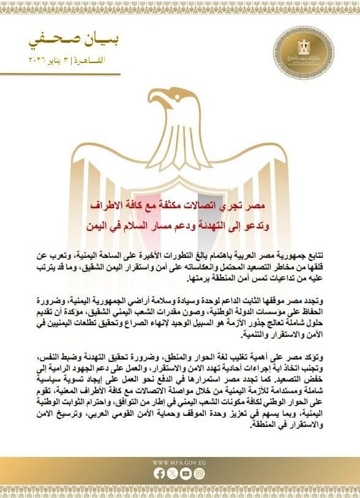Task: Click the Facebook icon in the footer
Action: click(160, 473)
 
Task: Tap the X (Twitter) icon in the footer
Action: click(173, 473)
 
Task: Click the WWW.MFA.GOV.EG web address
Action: click(180, 462)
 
